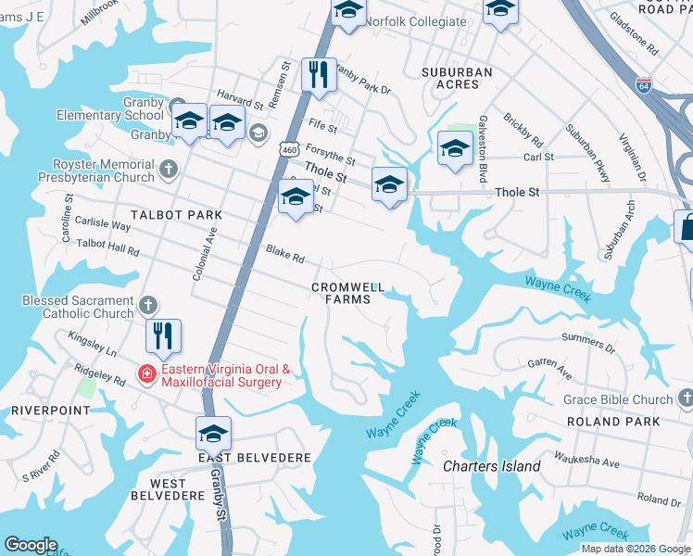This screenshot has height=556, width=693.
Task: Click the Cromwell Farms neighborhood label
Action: click(347, 293)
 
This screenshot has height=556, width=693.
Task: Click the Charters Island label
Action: click(491, 466)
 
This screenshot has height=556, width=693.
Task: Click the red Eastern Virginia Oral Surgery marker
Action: click(146, 375)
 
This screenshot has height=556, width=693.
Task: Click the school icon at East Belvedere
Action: click(213, 433)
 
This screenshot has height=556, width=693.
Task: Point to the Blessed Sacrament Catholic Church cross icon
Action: click(148, 305)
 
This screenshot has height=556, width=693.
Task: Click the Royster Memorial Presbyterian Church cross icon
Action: click(168, 170)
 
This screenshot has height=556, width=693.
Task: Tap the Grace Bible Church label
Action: click(617, 399)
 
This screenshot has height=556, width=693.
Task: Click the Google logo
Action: click(31, 545)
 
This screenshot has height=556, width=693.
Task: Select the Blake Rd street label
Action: click(285, 253)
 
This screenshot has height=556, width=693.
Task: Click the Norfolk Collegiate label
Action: click(415, 20)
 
